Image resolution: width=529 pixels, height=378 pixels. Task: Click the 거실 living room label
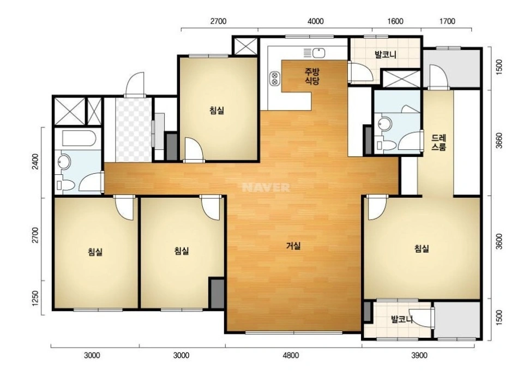pyautogui.click(x=293, y=246)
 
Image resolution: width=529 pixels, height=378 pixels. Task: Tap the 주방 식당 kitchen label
pyautogui.click(x=312, y=76)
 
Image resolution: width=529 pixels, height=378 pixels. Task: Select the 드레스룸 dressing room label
pyautogui.click(x=438, y=142)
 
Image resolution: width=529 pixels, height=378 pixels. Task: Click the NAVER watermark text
pyautogui.click(x=266, y=187)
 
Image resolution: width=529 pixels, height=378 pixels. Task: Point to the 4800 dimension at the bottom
pyautogui.click(x=291, y=356)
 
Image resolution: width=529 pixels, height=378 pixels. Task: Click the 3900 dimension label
pyautogui.click(x=419, y=356)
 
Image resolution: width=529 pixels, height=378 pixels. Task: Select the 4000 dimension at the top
pyautogui.click(x=315, y=22)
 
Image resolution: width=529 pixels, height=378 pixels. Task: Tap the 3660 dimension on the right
pyautogui.click(x=500, y=141)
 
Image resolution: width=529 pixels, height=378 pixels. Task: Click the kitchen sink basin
pyautogui.click(x=318, y=53)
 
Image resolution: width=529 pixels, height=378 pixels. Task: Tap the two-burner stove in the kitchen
pyautogui.click(x=274, y=78)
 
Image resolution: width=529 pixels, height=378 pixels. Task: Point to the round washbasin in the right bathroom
pyautogui.click(x=384, y=124)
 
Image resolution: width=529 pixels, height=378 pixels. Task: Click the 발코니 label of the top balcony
pyautogui.click(x=385, y=54)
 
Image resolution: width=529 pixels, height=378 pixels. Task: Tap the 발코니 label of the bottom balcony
pyautogui.click(x=401, y=319)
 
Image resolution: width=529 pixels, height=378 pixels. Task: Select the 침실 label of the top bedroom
pyautogui.click(x=217, y=110)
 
